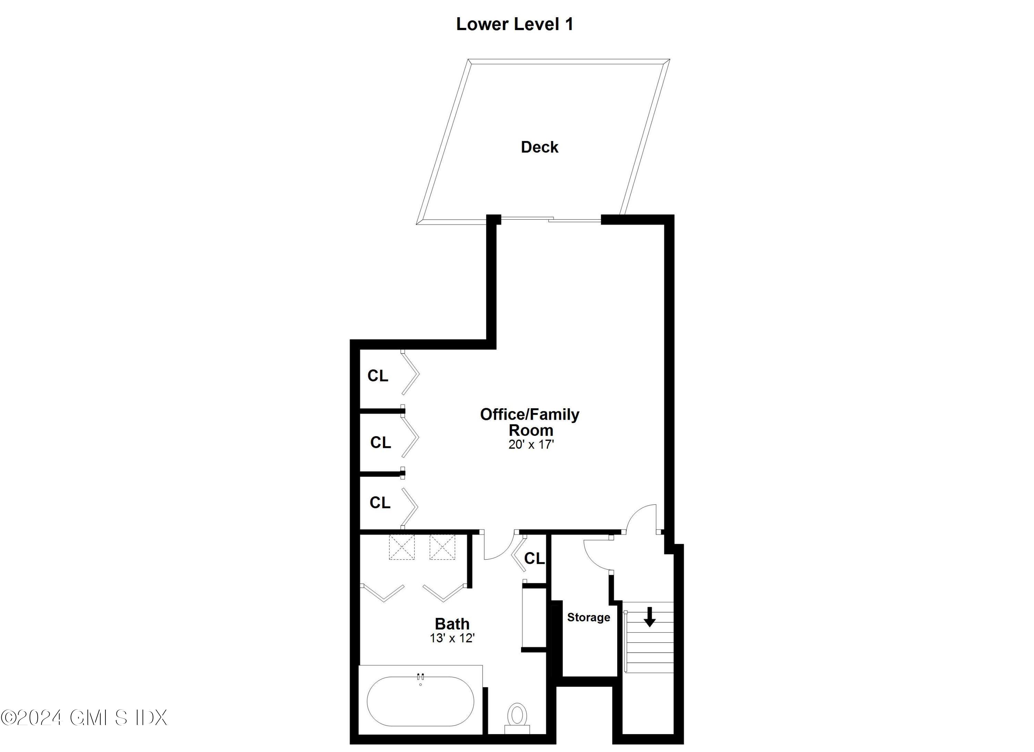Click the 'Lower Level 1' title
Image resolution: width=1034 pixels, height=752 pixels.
(x=514, y=24)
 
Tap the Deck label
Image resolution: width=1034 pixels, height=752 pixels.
(x=539, y=147)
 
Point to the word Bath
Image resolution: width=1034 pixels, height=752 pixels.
(x=452, y=623)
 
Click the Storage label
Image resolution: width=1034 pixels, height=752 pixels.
(x=588, y=618)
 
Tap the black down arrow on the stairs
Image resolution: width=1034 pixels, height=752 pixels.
(x=650, y=616)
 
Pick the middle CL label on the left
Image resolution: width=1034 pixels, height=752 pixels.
(x=380, y=442)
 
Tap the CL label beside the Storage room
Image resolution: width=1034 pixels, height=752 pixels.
(x=534, y=558)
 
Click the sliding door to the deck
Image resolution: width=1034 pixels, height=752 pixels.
(x=551, y=220)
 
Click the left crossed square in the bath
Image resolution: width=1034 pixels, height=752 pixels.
(x=401, y=547)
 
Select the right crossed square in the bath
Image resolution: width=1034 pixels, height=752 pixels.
(x=442, y=547)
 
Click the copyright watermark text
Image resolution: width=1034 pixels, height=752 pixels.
(x=84, y=717)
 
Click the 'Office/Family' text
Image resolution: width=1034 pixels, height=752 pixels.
(x=529, y=414)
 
